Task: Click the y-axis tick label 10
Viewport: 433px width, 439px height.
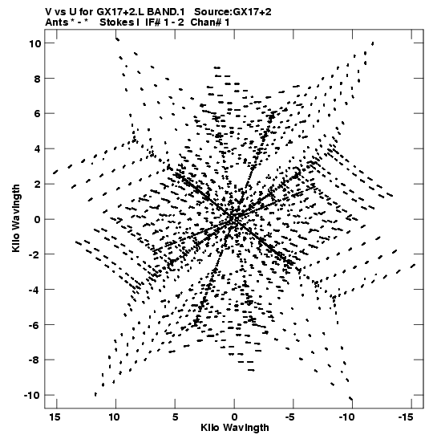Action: tap(35, 43)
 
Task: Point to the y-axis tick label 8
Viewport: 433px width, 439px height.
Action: tap(38, 79)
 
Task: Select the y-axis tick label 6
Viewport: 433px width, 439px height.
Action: tap(38, 114)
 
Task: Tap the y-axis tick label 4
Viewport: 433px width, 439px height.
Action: tap(38, 148)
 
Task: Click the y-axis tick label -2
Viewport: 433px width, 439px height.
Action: tap(34, 254)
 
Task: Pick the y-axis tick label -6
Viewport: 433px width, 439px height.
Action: tap(34, 325)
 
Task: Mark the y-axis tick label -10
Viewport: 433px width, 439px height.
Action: tap(32, 395)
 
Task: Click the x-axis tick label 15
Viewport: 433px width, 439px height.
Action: tap(55, 417)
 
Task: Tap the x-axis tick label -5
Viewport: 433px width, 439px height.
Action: tap(290, 417)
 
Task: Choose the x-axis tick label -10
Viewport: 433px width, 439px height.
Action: tap(347, 417)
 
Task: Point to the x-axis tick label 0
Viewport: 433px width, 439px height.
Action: tap(234, 417)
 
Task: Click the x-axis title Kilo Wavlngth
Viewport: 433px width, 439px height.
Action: tap(235, 428)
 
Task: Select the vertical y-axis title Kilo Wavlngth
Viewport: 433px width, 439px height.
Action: tap(16, 218)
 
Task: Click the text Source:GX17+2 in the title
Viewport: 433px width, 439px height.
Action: tap(233, 12)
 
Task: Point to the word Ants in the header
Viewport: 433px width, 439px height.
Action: tap(56, 22)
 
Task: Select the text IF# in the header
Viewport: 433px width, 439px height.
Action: tap(152, 22)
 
